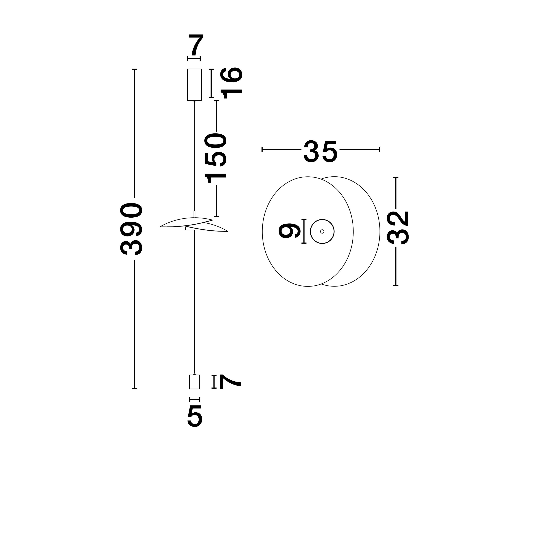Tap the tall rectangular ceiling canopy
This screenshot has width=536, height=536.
(x=194, y=85)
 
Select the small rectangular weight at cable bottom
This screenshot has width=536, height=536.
(x=194, y=382)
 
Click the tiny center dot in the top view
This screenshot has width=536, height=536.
(x=322, y=231)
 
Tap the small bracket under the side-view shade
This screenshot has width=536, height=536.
(x=190, y=229)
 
